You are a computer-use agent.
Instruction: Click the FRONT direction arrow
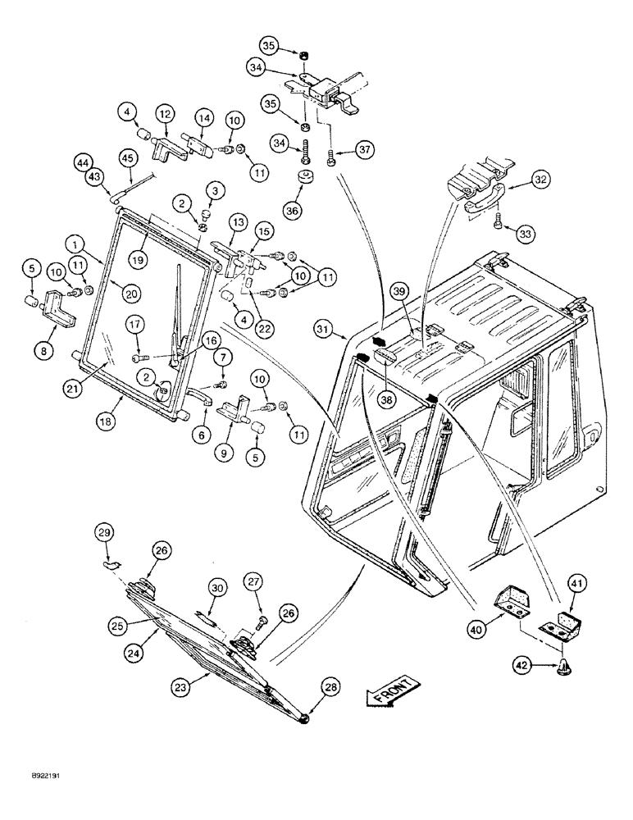coord(393,693)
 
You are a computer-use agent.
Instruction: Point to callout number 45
coord(127,157)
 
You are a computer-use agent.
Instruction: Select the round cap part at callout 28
coord(305,718)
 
